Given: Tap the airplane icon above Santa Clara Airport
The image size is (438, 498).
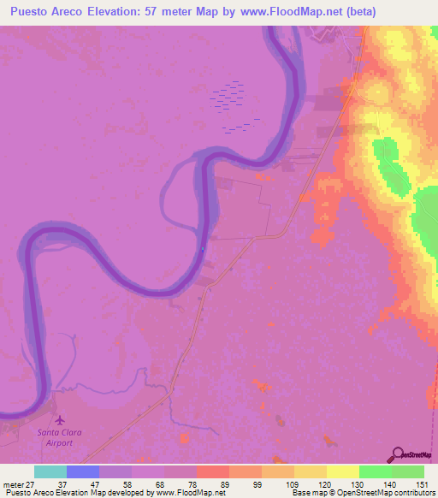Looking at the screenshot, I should tap(60, 419).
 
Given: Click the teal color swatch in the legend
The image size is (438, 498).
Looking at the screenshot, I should tap(50, 471).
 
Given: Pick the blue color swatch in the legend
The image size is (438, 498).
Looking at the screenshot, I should tap(82, 471).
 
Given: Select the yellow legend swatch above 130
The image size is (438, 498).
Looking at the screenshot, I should tap(342, 471).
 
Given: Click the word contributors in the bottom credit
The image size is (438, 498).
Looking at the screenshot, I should tap(415, 492).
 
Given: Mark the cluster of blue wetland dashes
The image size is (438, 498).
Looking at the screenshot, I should tap(229, 103).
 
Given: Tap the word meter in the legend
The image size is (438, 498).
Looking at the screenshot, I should tap(11, 483).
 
